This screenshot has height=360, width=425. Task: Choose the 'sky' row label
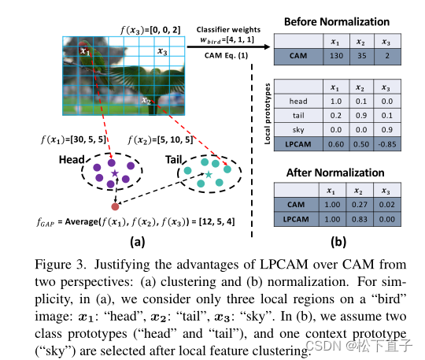click(x=298, y=129)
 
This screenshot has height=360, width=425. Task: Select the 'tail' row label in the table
click(x=298, y=115)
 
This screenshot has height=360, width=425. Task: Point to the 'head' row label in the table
click(x=298, y=101)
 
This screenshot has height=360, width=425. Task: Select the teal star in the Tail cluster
click(x=209, y=173)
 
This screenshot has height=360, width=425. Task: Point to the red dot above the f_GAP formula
click(x=115, y=206)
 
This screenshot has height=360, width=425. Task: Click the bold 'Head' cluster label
click(x=74, y=158)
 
